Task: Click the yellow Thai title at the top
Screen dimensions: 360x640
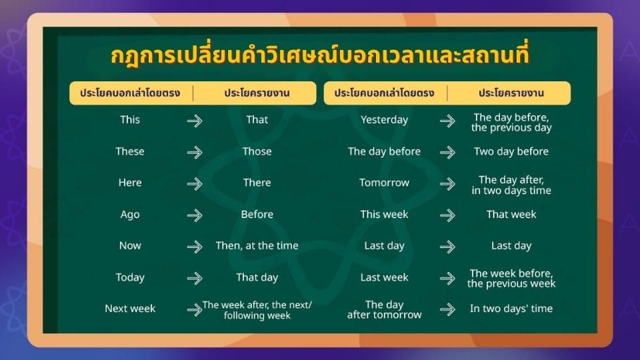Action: point(319,56)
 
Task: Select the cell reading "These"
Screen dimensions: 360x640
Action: point(130,151)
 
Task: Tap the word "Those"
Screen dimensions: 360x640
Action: point(257,151)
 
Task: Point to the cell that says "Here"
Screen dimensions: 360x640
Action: point(130,183)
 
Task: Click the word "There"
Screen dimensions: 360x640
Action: point(257,183)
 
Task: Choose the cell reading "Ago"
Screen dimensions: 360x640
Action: point(130,215)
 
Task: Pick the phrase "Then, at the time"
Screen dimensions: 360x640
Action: point(257,245)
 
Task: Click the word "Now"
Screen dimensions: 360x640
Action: point(130,245)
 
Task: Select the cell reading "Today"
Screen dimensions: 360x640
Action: point(130,277)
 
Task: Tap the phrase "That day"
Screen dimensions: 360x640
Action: point(257,277)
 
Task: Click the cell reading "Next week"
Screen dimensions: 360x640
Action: point(130,309)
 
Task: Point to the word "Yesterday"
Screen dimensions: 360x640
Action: point(384,120)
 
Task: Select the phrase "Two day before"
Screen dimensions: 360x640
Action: point(511,151)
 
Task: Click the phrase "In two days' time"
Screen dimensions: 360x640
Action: point(511,309)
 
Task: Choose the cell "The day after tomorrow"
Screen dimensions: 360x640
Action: point(384,309)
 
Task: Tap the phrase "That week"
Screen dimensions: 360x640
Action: point(511,215)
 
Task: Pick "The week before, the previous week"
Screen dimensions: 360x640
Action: point(511,278)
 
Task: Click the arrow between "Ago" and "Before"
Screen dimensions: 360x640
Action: point(195,215)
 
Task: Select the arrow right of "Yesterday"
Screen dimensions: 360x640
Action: point(447,121)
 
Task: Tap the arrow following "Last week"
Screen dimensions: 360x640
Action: point(447,278)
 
